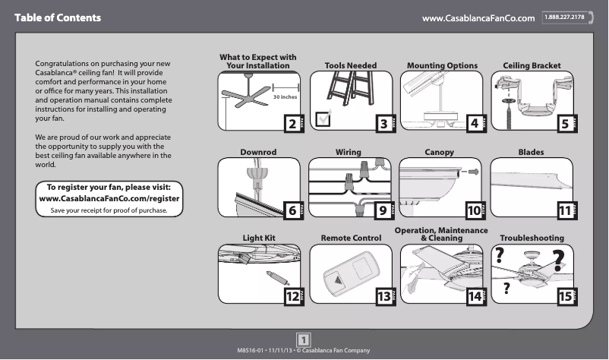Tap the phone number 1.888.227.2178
click(x=568, y=17)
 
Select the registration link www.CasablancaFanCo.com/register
click(x=114, y=198)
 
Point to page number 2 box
click(x=290, y=124)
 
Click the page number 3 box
click(x=384, y=124)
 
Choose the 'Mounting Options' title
click(x=442, y=66)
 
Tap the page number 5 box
click(x=564, y=124)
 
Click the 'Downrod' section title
click(x=258, y=153)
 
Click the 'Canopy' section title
click(x=439, y=153)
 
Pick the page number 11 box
click(x=564, y=211)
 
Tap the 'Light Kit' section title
click(x=258, y=238)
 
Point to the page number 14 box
click(x=476, y=297)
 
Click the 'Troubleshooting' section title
click(x=532, y=238)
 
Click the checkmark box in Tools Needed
click(x=323, y=118)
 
